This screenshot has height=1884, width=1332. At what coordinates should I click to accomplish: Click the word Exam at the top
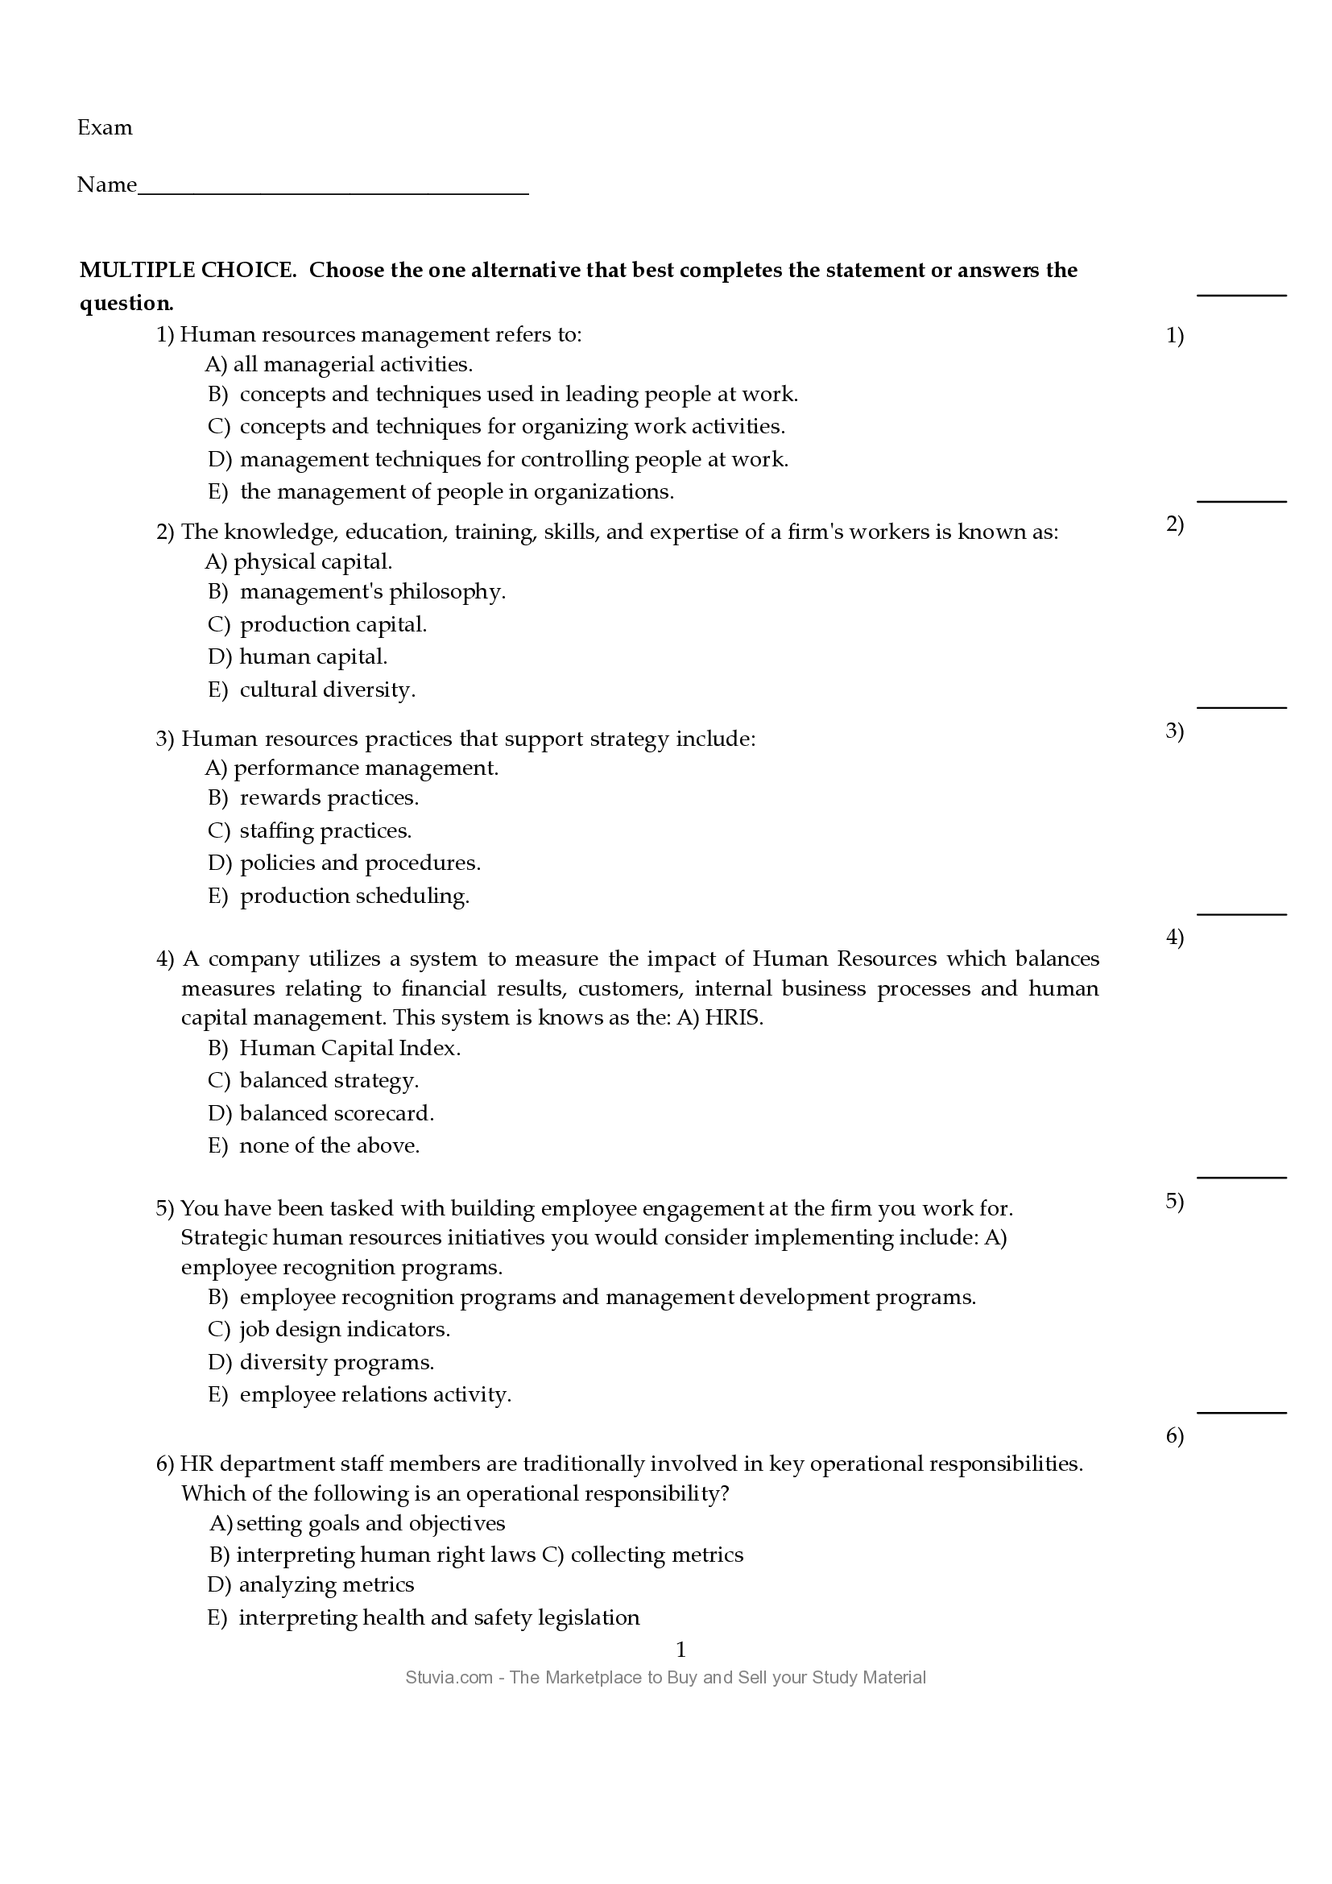pyautogui.click(x=104, y=128)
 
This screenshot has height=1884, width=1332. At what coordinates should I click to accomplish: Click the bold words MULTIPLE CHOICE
pyautogui.click(x=187, y=270)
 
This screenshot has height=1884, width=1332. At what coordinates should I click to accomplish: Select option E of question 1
pyautogui.click(x=456, y=492)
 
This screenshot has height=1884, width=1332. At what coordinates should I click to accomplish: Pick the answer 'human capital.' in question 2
pyautogui.click(x=312, y=657)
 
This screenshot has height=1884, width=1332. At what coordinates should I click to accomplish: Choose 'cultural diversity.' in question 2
pyautogui.click(x=326, y=690)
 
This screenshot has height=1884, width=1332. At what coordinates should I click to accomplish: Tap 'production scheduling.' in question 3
pyautogui.click(x=354, y=896)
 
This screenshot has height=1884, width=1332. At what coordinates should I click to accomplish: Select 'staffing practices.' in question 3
pyautogui.click(x=325, y=831)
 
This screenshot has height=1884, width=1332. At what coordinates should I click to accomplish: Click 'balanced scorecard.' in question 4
pyautogui.click(x=337, y=1113)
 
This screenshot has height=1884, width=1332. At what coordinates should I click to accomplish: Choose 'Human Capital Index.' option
pyautogui.click(x=350, y=1049)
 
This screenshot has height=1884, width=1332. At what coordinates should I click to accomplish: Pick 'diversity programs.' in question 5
pyautogui.click(x=337, y=1363)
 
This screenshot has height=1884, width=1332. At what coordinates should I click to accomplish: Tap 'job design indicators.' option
pyautogui.click(x=345, y=1329)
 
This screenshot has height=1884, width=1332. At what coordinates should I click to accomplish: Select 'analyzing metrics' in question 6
pyautogui.click(x=325, y=1584)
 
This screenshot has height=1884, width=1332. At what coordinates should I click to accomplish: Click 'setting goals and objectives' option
pyautogui.click(x=370, y=1524)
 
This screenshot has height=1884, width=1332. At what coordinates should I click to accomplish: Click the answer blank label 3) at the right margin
pyautogui.click(x=1173, y=731)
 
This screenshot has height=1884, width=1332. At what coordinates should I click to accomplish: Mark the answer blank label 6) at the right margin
pyautogui.click(x=1173, y=1436)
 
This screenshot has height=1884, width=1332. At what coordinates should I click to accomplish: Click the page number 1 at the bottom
pyautogui.click(x=680, y=1650)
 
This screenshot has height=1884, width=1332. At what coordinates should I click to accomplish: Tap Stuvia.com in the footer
pyautogui.click(x=448, y=1678)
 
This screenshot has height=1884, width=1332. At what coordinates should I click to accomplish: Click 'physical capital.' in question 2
pyautogui.click(x=312, y=562)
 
